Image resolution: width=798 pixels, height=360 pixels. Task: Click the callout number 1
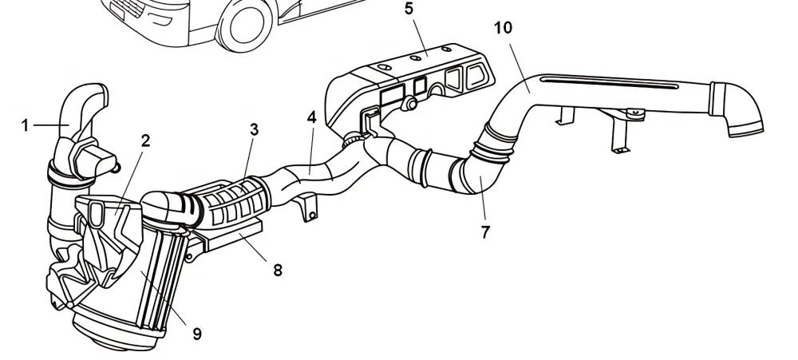(25, 125)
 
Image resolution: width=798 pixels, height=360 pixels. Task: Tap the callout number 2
(145, 140)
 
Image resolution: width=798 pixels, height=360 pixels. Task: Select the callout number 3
(254, 129)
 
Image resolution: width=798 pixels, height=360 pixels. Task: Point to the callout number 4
(311, 117)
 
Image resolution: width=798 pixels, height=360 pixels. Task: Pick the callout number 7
(485, 232)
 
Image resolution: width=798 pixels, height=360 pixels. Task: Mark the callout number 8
(277, 270)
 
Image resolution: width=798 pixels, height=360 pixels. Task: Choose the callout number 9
(197, 334)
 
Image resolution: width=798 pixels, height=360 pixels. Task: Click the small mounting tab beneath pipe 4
(309, 211)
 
